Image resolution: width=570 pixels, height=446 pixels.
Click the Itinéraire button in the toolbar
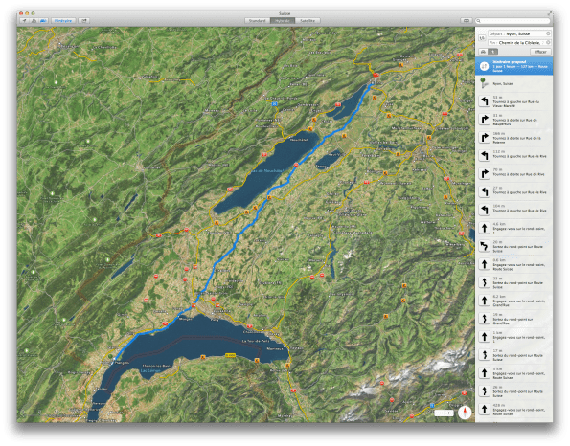click(x=62, y=19)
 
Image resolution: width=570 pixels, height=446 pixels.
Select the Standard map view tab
click(x=257, y=19)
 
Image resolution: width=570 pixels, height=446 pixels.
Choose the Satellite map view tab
click(x=307, y=19)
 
